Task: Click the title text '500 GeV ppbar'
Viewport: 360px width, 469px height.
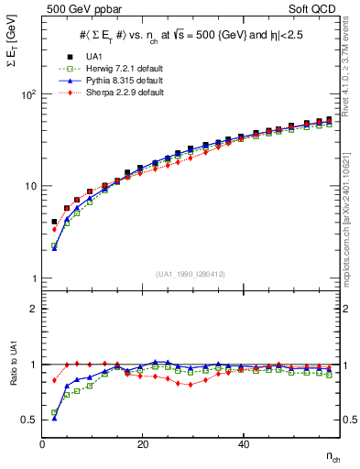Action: tap(75, 10)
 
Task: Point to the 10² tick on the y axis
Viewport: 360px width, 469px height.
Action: tap(30, 94)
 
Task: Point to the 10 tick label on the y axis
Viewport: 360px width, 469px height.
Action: tap(30, 186)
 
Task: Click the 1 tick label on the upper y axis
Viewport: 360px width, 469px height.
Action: tap(33, 278)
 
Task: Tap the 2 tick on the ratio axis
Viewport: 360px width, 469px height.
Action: tap(33, 309)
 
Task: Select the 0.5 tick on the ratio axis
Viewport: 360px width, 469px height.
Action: tap(30, 420)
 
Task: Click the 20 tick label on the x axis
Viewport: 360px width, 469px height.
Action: tap(143, 445)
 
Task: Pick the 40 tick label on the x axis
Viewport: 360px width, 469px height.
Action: tap(243, 445)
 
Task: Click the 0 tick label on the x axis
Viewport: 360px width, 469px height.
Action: tap(43, 445)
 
